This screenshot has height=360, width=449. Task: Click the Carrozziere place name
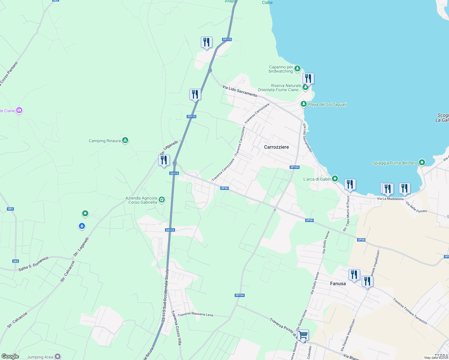[x=276, y=147]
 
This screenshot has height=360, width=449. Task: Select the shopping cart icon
[x=303, y=335]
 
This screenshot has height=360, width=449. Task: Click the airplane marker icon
[x=82, y=226]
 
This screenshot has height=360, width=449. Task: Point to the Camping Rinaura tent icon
[x=125, y=140]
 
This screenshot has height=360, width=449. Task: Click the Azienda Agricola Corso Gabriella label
[x=141, y=200]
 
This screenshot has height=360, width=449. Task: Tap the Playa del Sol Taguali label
[x=327, y=104]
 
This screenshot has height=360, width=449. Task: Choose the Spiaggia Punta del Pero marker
[x=422, y=163]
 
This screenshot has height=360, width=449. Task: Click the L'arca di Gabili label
[x=317, y=179]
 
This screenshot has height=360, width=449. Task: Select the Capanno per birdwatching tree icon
[x=297, y=69]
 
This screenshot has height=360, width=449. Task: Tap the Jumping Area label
[x=40, y=357]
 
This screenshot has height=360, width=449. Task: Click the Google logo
[x=10, y=356]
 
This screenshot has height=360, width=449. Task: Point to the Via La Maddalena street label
[x=390, y=199]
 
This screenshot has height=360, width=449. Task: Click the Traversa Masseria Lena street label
[x=195, y=315]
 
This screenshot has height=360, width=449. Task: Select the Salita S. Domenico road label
[x=33, y=264]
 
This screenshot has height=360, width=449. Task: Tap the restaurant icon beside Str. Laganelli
[x=164, y=160]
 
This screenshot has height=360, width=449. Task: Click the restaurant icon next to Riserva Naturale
[x=308, y=79]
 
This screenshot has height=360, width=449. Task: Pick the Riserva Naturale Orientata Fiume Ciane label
[x=279, y=88]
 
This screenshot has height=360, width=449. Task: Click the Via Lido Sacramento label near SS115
[x=240, y=91]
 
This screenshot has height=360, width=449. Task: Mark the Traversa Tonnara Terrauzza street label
[x=410, y=311]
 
